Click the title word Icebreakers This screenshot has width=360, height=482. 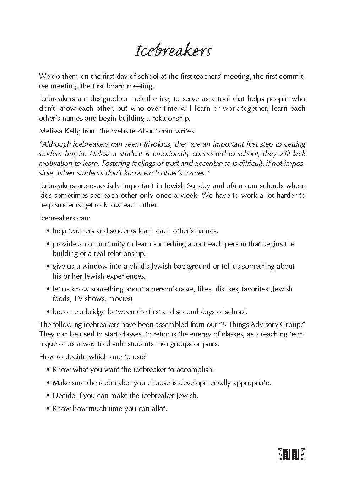[x=173, y=51]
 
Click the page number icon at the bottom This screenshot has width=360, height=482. [x=292, y=454]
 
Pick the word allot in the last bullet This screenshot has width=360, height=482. [x=159, y=409]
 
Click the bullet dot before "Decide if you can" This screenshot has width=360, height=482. [x=48, y=396]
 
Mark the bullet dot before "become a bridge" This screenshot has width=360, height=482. [x=48, y=312]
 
